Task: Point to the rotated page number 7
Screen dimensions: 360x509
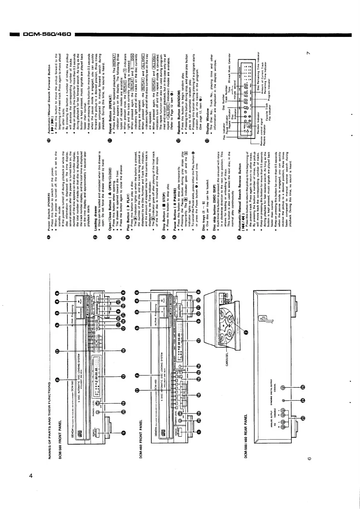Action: click(308, 54)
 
